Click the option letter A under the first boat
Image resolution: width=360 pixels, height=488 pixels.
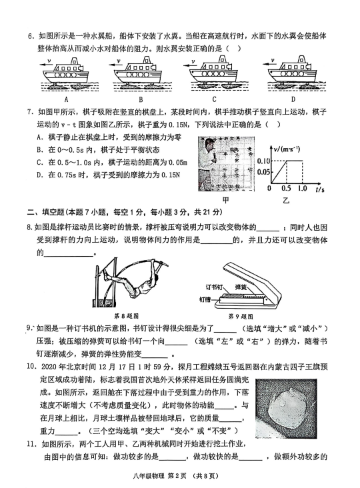pyautogui.click(x=66, y=99)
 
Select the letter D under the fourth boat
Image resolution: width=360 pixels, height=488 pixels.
pyautogui.click(x=293, y=99)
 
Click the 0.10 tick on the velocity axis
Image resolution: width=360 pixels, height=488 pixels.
pyautogui.click(x=263, y=161)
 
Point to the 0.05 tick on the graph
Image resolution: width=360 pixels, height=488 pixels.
pyautogui.click(x=263, y=172)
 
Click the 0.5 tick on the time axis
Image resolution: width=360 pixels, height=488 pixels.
pyautogui.click(x=286, y=188)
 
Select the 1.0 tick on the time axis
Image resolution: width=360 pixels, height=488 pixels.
pyautogui.click(x=302, y=188)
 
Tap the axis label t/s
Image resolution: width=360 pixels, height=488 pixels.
pyautogui.click(x=319, y=189)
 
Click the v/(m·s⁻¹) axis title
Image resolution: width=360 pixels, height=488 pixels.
pyautogui.click(x=287, y=149)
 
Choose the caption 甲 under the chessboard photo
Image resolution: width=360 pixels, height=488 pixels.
pyautogui.click(x=225, y=200)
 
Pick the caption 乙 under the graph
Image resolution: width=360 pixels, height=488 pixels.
pyautogui.click(x=286, y=201)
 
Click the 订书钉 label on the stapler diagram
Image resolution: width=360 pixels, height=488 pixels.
pyautogui.click(x=214, y=287)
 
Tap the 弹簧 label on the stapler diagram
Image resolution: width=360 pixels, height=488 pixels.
pyautogui.click(x=241, y=287)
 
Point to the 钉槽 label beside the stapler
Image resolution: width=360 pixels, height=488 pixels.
pyautogui.click(x=205, y=300)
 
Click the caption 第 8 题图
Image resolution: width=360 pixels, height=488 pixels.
pyautogui.click(x=127, y=316)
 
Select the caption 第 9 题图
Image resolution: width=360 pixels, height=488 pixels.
pyautogui.click(x=241, y=317)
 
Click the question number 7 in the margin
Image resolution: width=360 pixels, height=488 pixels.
pyautogui.click(x=30, y=112)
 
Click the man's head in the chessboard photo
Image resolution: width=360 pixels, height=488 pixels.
pyautogui.click(x=211, y=145)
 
